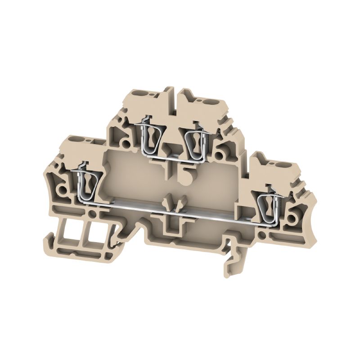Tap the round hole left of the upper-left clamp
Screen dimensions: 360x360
pos(127,144)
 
